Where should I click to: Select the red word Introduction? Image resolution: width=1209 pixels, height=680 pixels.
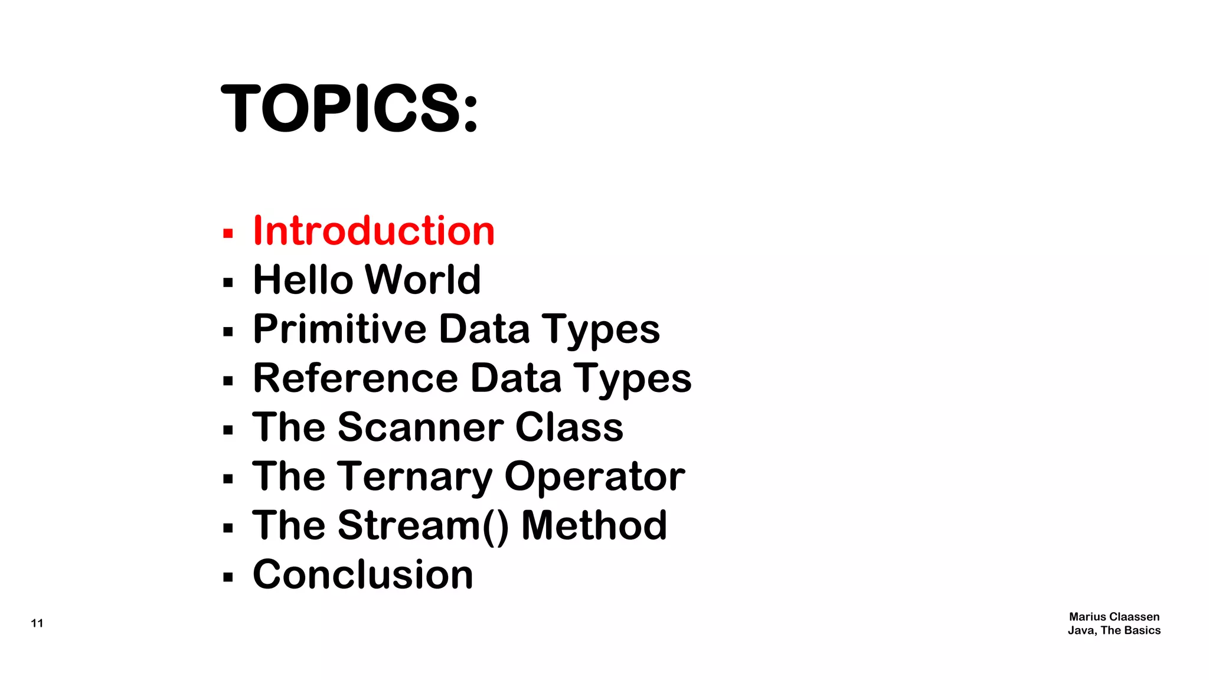point(374,231)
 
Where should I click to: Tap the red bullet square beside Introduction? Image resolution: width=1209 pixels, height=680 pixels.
point(228,234)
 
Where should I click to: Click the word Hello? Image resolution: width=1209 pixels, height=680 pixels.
point(303,280)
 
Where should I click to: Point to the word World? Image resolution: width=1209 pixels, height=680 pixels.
point(423,280)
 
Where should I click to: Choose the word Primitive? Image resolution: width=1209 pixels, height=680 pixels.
point(339,329)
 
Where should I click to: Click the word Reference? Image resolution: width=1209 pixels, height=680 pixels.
point(355,378)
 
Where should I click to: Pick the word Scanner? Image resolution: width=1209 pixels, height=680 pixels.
point(421,427)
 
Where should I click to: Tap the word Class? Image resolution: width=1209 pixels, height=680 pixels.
point(569,427)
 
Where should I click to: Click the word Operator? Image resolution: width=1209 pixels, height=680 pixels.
point(594,477)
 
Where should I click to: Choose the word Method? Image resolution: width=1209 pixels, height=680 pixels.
point(594,525)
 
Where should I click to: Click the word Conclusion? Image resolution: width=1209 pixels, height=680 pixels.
point(363,575)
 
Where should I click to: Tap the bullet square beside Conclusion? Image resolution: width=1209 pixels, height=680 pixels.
point(228,577)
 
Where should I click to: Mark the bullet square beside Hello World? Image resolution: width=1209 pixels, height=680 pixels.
point(228,283)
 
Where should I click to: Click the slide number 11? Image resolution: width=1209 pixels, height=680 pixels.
point(37,623)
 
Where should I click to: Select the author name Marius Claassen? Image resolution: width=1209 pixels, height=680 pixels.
point(1114,617)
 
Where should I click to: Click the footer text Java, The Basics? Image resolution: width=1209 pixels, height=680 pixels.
point(1114,630)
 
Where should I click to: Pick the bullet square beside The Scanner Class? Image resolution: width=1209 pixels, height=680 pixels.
point(228,430)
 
